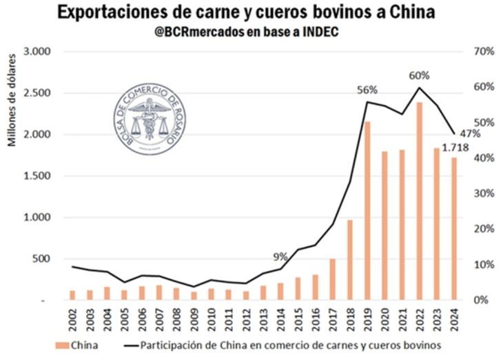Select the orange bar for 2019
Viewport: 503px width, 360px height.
(368, 211)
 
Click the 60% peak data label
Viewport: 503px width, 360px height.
(418, 76)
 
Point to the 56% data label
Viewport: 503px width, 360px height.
(368, 90)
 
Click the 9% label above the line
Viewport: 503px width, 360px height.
(280, 257)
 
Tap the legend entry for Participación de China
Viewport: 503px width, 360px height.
(290, 344)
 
